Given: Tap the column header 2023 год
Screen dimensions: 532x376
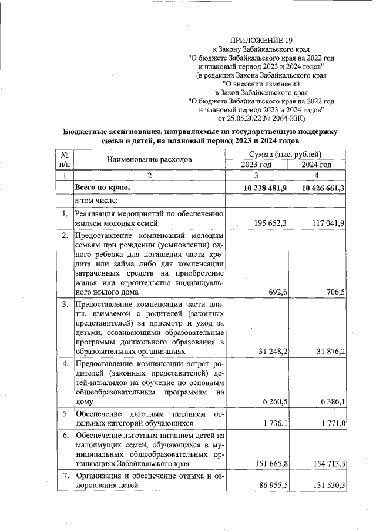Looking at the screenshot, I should [x=256, y=165].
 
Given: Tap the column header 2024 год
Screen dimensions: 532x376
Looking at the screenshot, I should [x=316, y=165].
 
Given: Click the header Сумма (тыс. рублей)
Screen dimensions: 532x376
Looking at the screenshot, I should [x=286, y=154].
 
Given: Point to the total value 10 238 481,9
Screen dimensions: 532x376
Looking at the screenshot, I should [x=263, y=188].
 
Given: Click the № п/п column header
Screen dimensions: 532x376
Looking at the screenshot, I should [x=65, y=159].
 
